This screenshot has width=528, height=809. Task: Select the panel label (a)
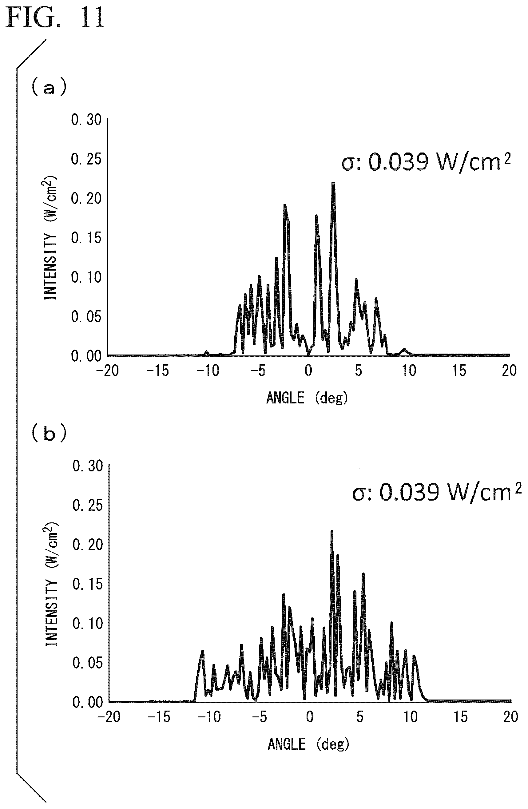click(x=49, y=87)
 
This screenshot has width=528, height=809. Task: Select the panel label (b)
click(x=49, y=433)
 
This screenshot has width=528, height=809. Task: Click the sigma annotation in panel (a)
click(x=426, y=162)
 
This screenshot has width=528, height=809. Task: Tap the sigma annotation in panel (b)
click(x=437, y=492)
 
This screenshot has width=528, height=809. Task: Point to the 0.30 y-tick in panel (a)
click(x=86, y=119)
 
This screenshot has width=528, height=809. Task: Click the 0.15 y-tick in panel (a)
click(x=86, y=238)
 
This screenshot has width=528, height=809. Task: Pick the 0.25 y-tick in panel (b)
click(x=88, y=505)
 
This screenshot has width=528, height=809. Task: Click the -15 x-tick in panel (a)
click(x=157, y=371)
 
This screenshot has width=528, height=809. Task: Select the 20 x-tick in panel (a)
click(x=509, y=371)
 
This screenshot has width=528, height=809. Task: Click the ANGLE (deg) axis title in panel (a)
click(x=307, y=398)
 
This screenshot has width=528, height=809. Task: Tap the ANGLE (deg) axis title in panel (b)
click(x=308, y=744)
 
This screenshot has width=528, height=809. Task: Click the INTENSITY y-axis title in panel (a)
click(x=50, y=238)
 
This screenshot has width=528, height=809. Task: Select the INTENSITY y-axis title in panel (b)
click(x=51, y=584)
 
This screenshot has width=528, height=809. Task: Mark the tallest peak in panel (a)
click(x=333, y=184)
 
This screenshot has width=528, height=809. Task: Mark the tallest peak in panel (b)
click(x=332, y=531)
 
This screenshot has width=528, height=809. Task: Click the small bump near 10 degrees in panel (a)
click(x=404, y=350)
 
